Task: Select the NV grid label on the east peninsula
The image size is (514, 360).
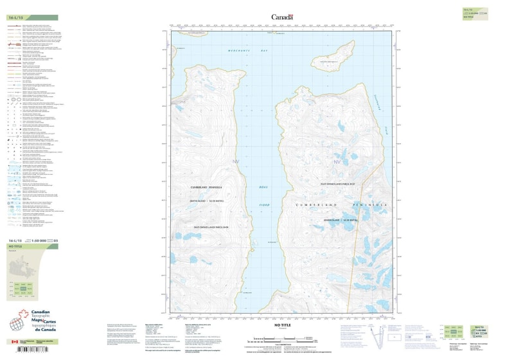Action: pyautogui.click(x=336, y=162)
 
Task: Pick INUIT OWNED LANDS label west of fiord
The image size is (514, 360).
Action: pyautogui.click(x=211, y=227)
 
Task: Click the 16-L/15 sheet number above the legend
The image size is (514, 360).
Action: pyautogui.click(x=16, y=17)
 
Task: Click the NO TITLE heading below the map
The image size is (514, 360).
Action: pyautogui.click(x=283, y=326)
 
